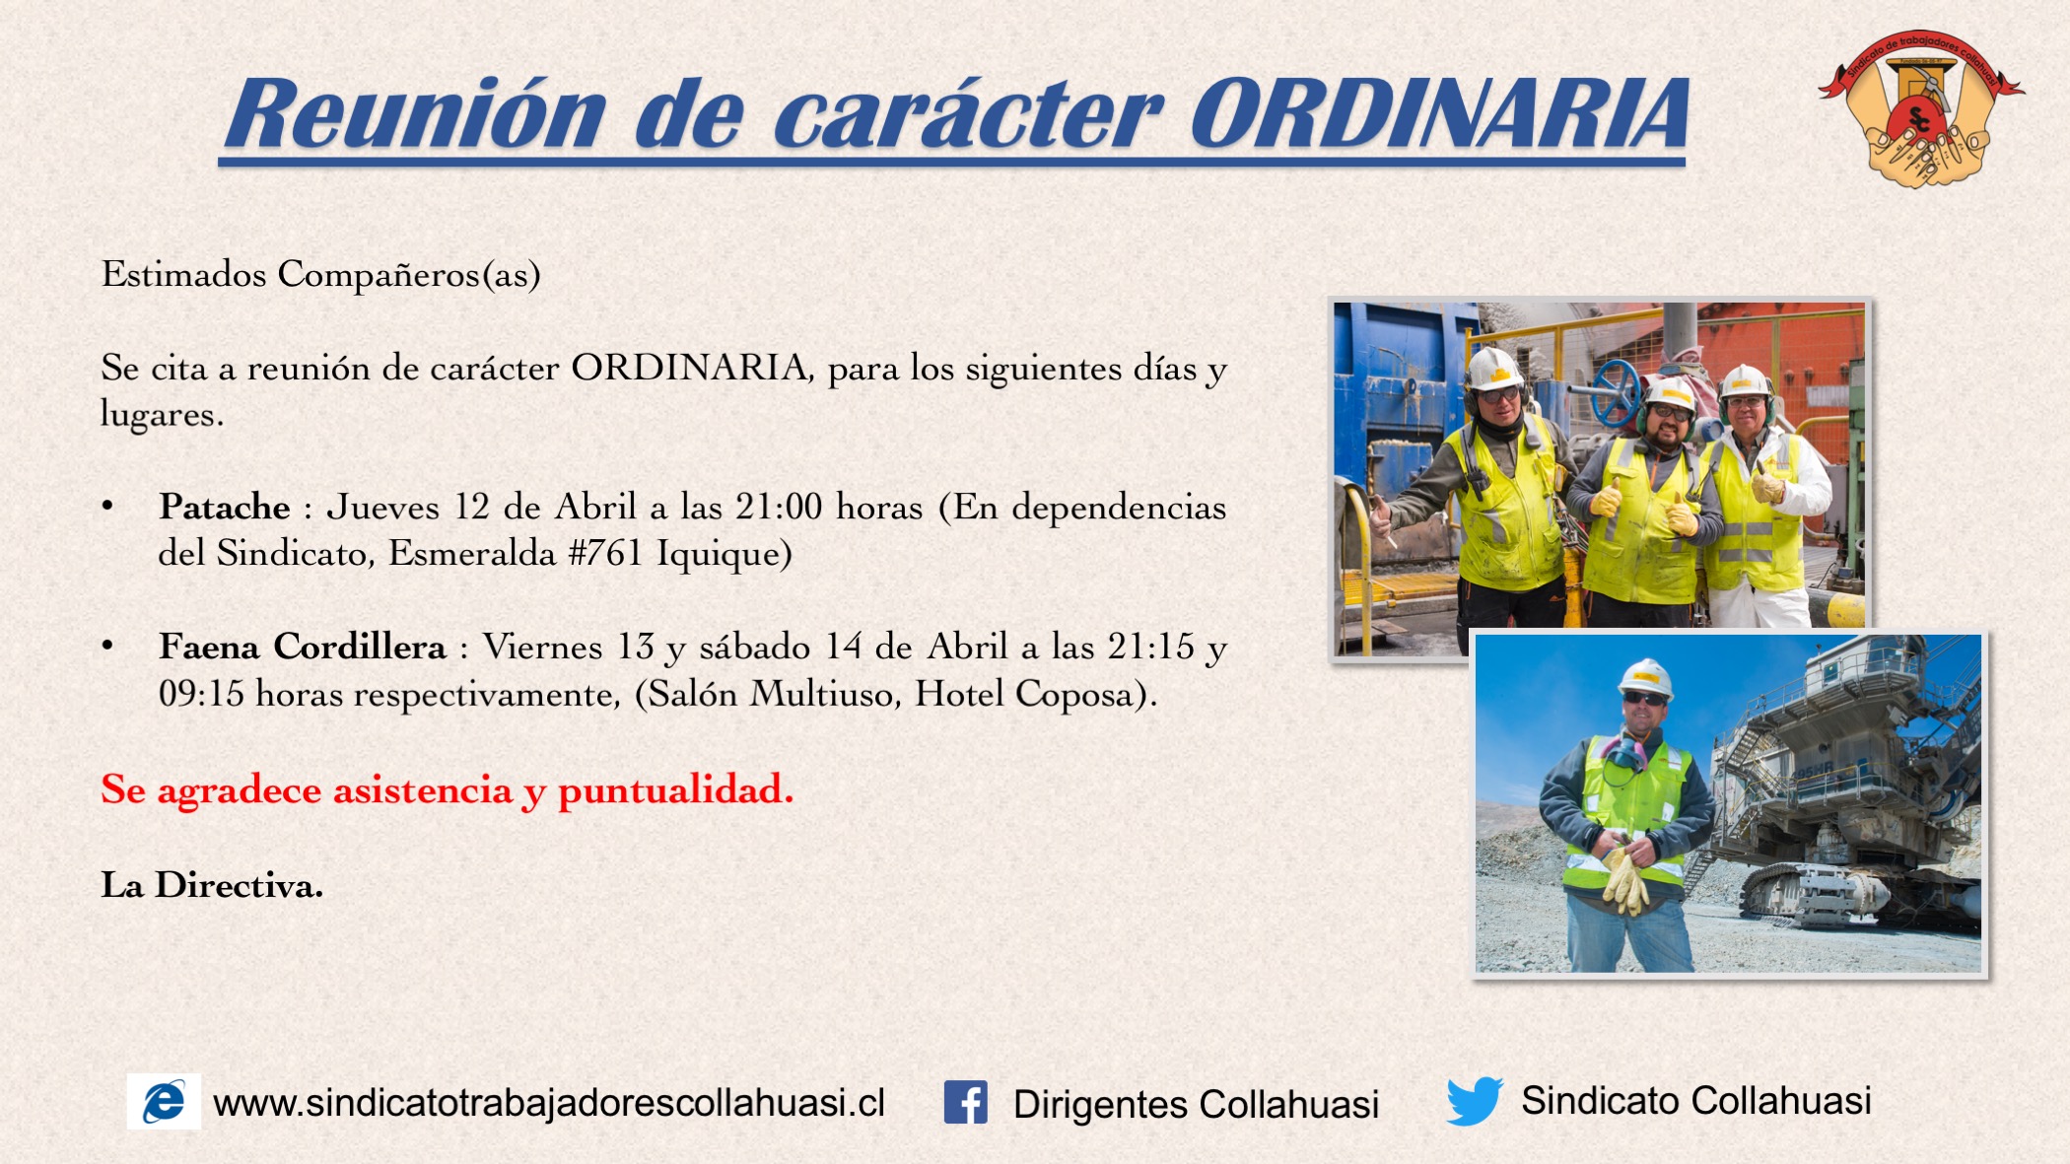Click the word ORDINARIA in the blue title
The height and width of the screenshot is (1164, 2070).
pyautogui.click(x=1439, y=114)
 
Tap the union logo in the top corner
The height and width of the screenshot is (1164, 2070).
pyautogui.click(x=1920, y=108)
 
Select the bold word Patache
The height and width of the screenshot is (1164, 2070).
pyautogui.click(x=225, y=507)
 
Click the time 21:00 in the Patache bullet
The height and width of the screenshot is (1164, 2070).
pyautogui.click(x=779, y=507)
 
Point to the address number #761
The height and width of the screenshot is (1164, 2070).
pyautogui.click(x=605, y=553)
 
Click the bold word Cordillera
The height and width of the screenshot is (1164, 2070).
pyautogui.click(x=360, y=647)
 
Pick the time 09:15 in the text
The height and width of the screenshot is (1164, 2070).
pyautogui.click(x=201, y=694)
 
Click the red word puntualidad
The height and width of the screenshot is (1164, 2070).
pyautogui.click(x=675, y=790)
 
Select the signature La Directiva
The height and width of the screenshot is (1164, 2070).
pyautogui.click(x=212, y=885)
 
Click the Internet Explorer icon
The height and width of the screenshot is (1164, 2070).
pyautogui.click(x=164, y=1101)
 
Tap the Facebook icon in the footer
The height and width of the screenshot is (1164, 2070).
pyautogui.click(x=966, y=1102)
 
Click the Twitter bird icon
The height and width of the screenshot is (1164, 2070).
pyautogui.click(x=1474, y=1100)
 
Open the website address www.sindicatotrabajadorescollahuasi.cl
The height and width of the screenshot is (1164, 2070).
pyautogui.click(x=549, y=1103)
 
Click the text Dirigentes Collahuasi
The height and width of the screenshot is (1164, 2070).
pyautogui.click(x=1196, y=1104)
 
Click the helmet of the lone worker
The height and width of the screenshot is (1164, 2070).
pyautogui.click(x=1645, y=678)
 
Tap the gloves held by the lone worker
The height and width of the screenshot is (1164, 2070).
pyautogui.click(x=1625, y=878)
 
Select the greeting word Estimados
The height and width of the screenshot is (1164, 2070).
pyautogui.click(x=183, y=273)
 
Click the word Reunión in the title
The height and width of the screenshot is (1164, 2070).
pyautogui.click(x=415, y=114)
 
